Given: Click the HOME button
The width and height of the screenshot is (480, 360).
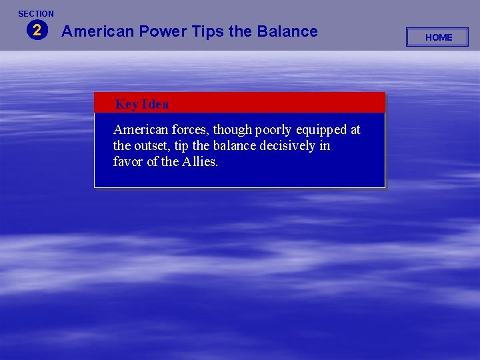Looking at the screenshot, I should tap(438, 37).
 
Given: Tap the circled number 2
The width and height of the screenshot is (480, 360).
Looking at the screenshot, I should tap(37, 30).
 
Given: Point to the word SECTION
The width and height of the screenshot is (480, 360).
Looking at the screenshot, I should tap(36, 13).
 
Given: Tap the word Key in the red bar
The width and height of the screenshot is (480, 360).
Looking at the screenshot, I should tap(126, 104).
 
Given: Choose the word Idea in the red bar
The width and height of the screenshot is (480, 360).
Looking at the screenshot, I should tap(155, 104).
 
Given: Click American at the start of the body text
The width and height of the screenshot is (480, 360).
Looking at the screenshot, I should tap(139, 129).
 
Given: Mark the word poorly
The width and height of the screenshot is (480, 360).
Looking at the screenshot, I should tap(274, 130).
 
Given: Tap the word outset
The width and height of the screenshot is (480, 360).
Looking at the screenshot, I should tap(153, 146).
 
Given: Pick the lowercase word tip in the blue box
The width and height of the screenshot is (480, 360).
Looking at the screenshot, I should tap(181, 146).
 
